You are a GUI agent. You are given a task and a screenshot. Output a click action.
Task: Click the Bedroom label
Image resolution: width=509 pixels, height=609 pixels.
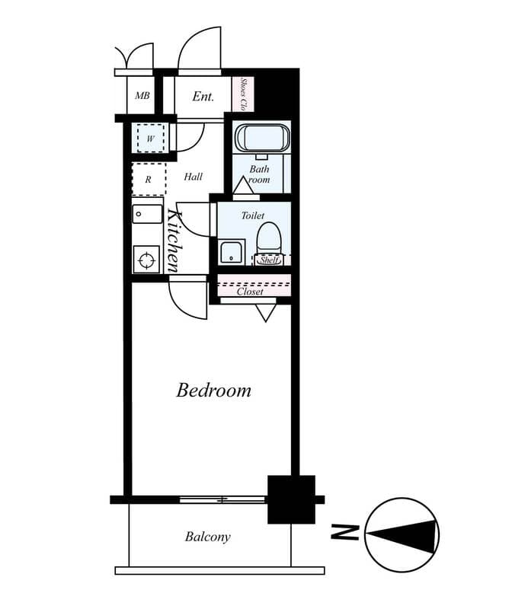pyautogui.click(x=213, y=391)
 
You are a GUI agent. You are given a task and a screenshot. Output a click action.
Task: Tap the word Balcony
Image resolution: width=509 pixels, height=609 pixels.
pyautogui.click(x=207, y=537)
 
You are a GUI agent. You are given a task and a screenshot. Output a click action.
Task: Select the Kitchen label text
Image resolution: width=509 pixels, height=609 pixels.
pyautogui.click(x=173, y=240)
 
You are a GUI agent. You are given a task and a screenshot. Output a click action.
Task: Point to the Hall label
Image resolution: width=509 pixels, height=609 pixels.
pyautogui.click(x=194, y=177)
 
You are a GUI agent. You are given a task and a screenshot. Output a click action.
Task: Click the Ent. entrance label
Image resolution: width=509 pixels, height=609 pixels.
pyautogui.click(x=203, y=97)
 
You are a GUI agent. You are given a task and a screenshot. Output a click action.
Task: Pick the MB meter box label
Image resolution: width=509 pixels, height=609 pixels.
pyautogui.click(x=142, y=96)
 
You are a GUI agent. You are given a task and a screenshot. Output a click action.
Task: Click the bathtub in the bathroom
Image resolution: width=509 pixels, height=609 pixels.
pyautogui.click(x=262, y=138)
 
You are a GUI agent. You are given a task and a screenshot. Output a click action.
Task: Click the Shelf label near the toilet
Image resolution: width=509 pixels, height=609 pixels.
pyautogui.click(x=268, y=260)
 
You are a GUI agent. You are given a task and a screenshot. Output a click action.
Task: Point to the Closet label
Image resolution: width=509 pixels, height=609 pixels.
pyautogui.click(x=250, y=292)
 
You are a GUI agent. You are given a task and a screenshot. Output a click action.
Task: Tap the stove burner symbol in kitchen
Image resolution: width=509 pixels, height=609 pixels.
pyautogui.click(x=146, y=260)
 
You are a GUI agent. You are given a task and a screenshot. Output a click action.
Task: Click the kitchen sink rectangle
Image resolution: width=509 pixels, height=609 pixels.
pyautogui.click(x=147, y=213)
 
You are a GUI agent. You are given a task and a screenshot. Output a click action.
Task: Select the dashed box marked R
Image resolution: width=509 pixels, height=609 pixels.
pyautogui.click(x=149, y=180)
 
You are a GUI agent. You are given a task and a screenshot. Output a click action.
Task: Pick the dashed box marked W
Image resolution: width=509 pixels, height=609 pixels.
pyautogui.click(x=150, y=139)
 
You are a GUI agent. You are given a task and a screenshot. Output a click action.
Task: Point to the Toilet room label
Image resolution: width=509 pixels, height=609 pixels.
pyautogui.click(x=253, y=215)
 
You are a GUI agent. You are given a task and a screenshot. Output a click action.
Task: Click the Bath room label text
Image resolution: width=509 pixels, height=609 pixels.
pyautogui.click(x=260, y=174)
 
